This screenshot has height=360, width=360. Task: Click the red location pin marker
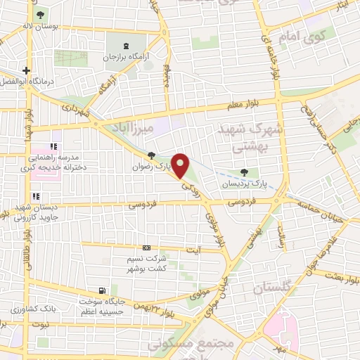(181, 165)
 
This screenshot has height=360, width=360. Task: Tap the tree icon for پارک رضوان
(152, 157)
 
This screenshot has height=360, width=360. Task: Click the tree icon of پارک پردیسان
(243, 172)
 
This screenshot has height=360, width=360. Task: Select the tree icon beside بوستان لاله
(39, 15)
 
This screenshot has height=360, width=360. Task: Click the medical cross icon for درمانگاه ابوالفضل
(27, 70)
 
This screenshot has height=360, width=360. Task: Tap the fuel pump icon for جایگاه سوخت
(104, 290)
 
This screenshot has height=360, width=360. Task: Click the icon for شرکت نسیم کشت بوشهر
(146, 247)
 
